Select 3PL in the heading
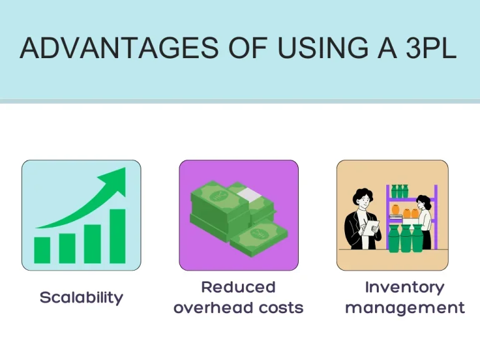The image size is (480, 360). [x=431, y=49]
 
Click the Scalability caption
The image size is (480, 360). [x=81, y=297]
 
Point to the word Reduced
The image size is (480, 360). [x=238, y=287]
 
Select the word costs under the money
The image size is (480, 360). [x=280, y=307]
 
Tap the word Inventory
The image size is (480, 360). [x=404, y=287]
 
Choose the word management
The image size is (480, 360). [x=404, y=307]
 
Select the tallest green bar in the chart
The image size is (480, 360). [x=117, y=236]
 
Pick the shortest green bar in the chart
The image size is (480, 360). [x=42, y=249]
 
